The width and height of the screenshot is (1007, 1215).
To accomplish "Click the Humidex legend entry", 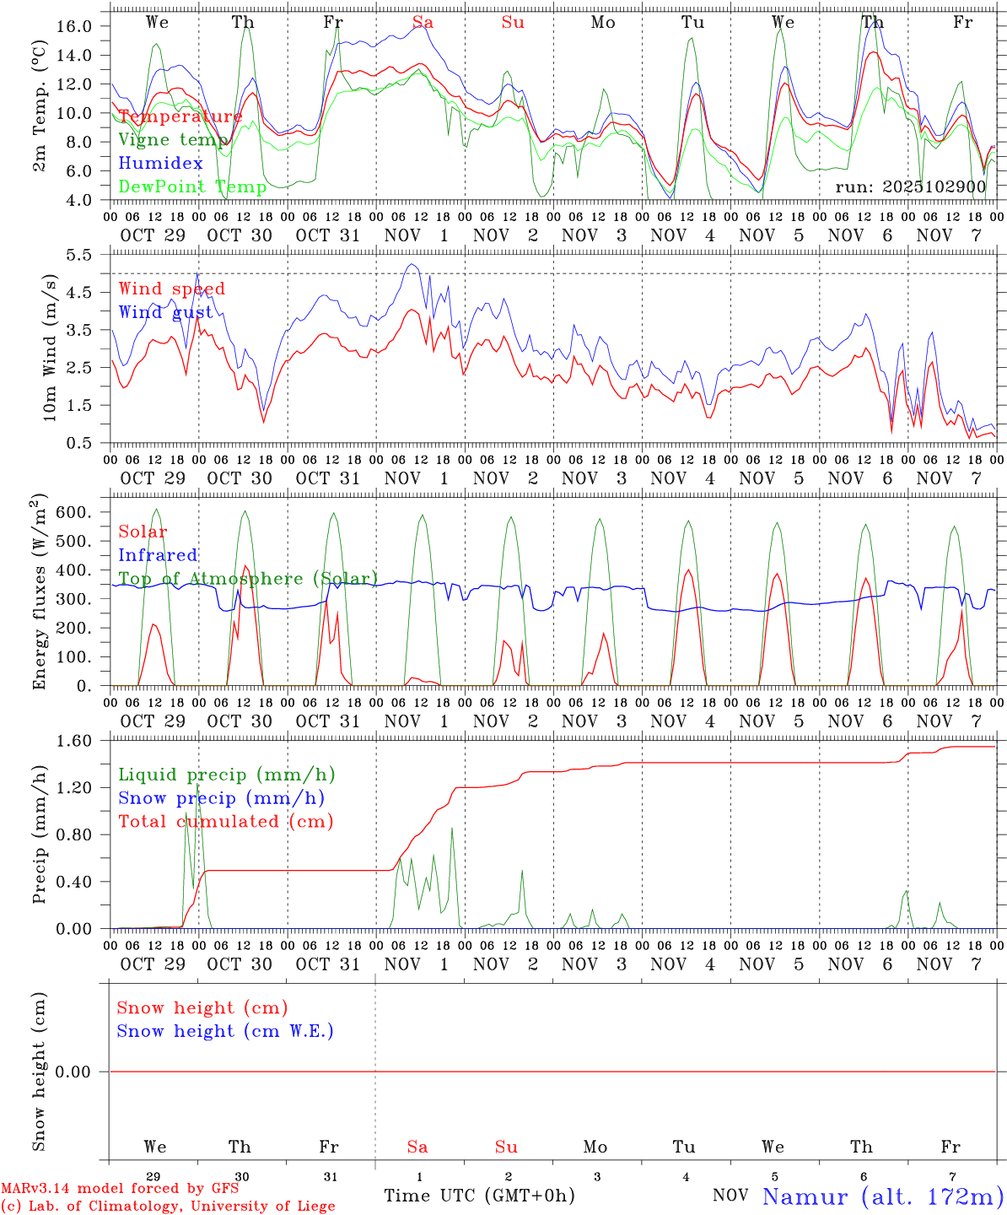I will click(160, 163).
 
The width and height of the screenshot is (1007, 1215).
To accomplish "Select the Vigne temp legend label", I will click(173, 139).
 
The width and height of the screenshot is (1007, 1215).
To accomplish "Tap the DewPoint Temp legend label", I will click(192, 186).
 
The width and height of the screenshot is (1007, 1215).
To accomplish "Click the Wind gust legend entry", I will click(165, 312).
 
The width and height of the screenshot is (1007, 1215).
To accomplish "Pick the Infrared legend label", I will click(158, 555).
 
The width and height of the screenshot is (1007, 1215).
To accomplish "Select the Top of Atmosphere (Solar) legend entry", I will click(248, 579).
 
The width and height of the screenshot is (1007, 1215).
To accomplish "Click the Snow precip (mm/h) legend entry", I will click(221, 798).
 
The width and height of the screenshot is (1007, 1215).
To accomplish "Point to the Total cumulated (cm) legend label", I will click(225, 822).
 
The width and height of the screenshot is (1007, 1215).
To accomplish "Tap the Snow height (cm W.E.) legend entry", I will click(225, 1031).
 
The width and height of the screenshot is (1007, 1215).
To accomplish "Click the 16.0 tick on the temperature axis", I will click(76, 26).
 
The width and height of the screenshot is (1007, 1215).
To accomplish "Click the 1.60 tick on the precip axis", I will click(76, 741).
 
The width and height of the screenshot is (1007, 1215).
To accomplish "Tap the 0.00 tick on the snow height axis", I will click(76, 1072).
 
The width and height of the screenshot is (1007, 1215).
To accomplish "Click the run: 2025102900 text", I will click(910, 186).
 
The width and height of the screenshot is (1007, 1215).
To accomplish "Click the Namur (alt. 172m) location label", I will click(882, 1196).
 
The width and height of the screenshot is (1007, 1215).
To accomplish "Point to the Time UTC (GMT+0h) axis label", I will click(479, 1196).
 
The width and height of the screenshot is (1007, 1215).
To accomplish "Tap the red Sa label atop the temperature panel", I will click(423, 23).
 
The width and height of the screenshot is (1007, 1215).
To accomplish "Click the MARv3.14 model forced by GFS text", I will click(119, 1189).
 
